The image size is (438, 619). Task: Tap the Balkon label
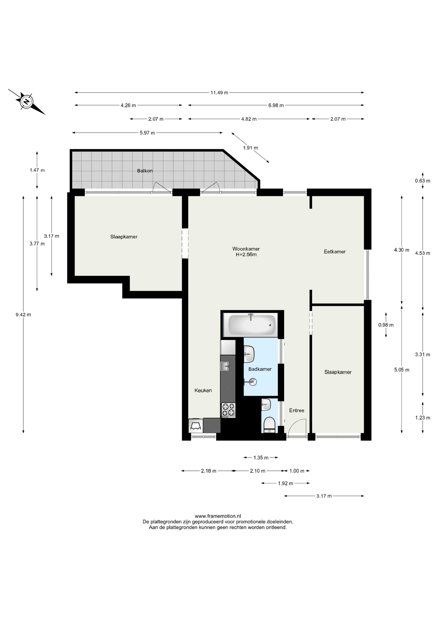tap(145, 171)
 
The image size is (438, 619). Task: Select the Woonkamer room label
tap(246, 249)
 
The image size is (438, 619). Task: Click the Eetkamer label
tap(335, 251)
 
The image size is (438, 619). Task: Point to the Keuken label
tap(203, 390)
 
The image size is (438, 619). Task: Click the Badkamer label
tap(260, 369)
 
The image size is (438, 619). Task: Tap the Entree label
tap(297, 410)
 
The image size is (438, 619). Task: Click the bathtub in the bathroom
tap(252, 325)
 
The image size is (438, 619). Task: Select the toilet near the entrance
tap(269, 425)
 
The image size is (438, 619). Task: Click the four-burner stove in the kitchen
tap(228, 410)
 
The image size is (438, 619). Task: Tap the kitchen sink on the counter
tap(225, 366)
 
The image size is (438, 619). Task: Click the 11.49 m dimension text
tap(219, 93)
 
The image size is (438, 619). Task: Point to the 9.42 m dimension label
tap(23, 315)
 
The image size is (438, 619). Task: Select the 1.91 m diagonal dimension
tap(250, 148)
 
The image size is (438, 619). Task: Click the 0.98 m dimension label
tap(386, 325)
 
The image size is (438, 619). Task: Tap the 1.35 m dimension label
tap(261, 457)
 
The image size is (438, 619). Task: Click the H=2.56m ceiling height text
tap(246, 255)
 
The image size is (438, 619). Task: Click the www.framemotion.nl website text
tap(218, 516)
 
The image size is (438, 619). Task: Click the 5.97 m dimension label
tap(147, 133)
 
